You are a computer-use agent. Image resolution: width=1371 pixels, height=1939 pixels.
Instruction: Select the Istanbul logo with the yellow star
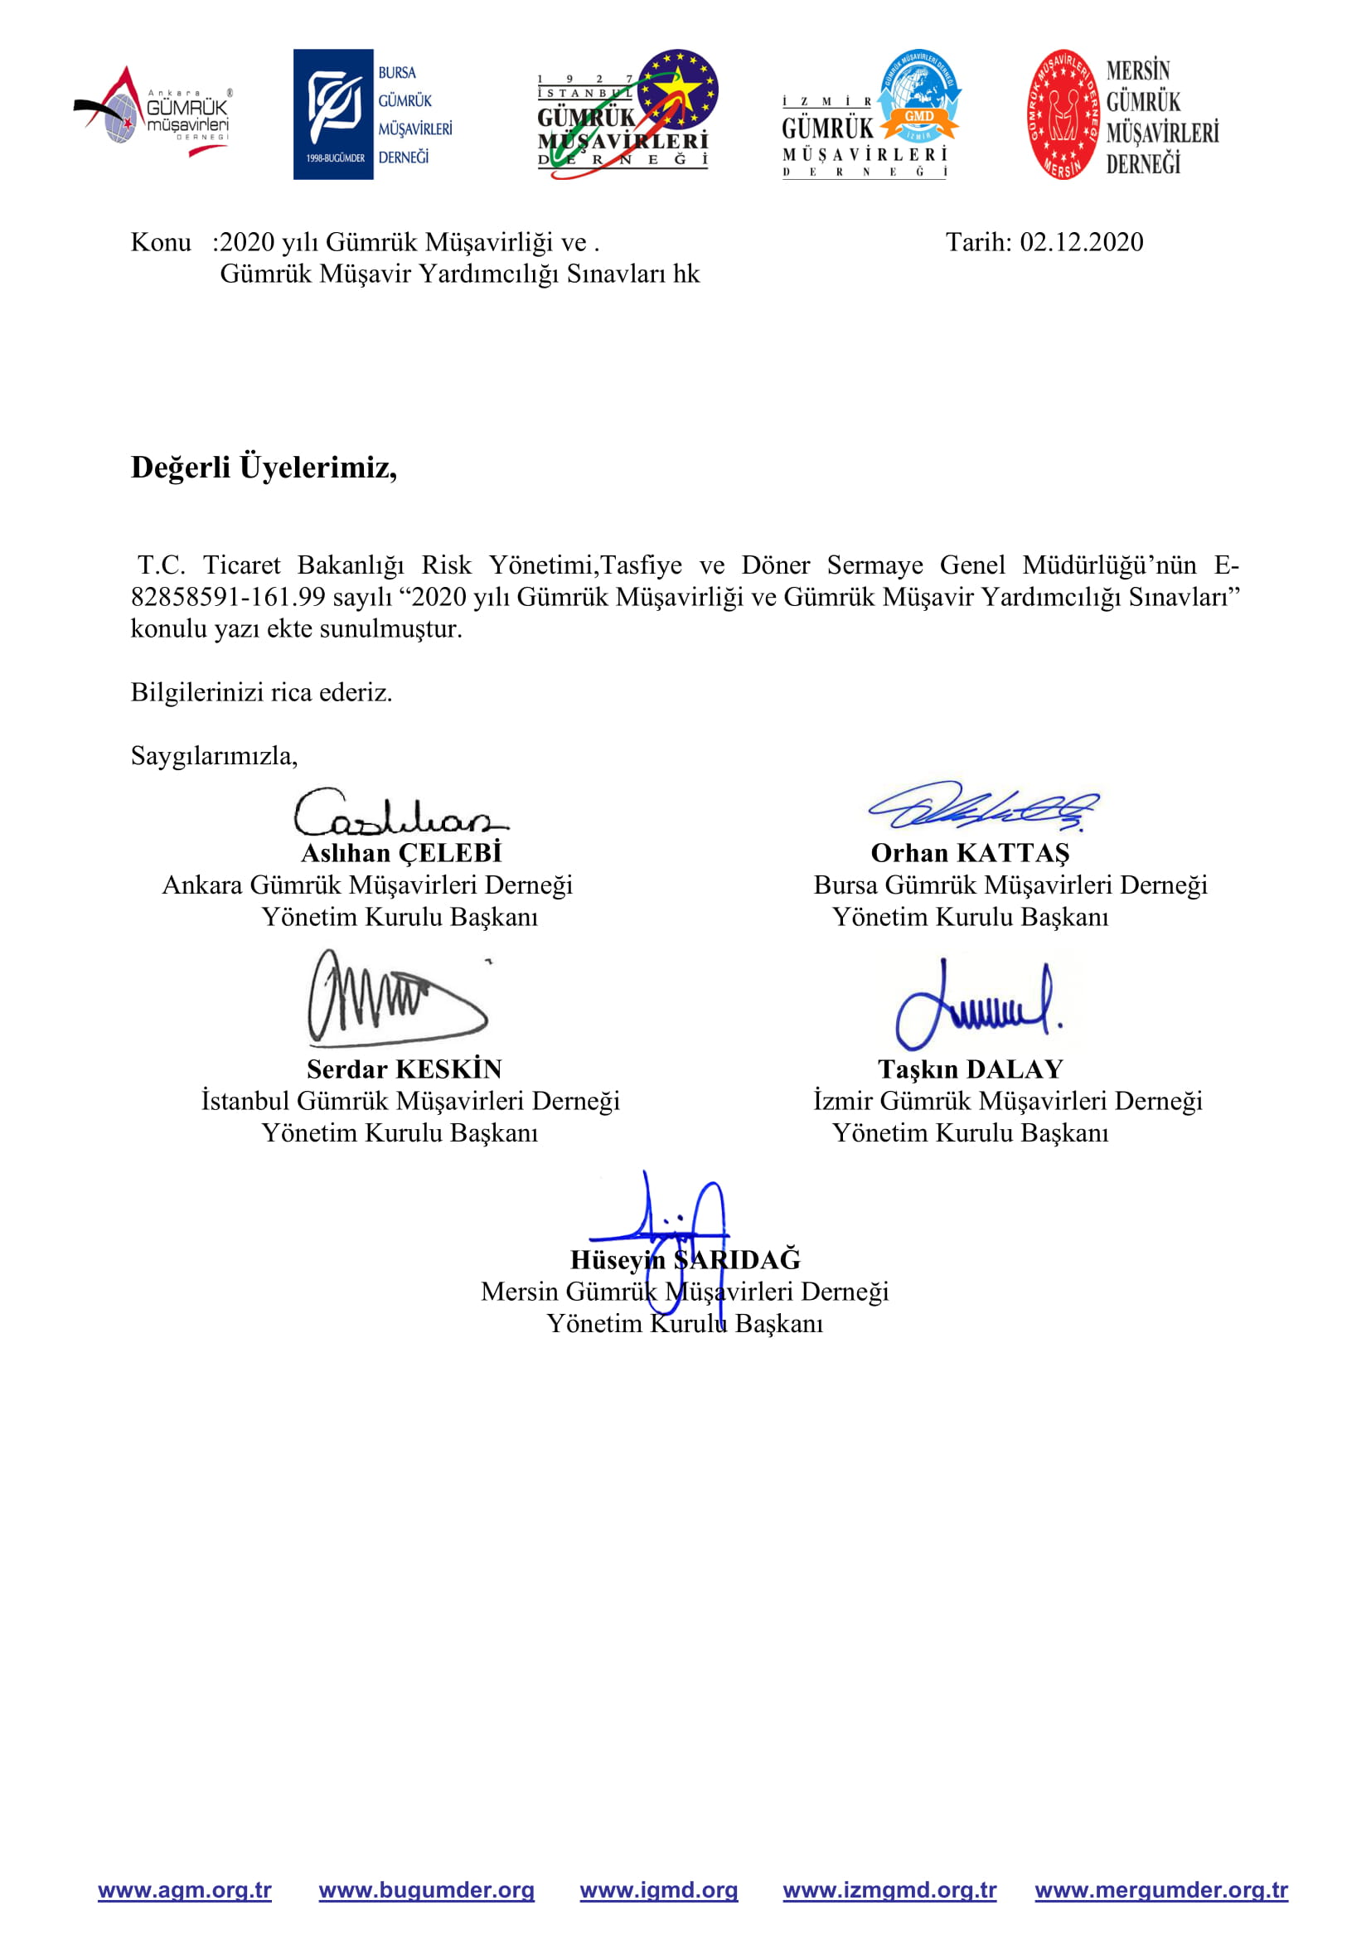[627, 114]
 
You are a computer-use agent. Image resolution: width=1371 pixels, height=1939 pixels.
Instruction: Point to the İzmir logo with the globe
[870, 114]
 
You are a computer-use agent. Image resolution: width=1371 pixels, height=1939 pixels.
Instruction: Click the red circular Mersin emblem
[1063, 114]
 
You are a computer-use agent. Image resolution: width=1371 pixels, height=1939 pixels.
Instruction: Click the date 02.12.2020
[1082, 242]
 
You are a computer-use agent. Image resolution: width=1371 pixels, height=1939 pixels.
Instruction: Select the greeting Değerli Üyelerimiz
[264, 467]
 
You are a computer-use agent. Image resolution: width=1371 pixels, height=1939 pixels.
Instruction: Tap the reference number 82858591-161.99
[228, 597]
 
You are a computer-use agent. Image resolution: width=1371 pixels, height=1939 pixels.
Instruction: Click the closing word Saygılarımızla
[214, 756]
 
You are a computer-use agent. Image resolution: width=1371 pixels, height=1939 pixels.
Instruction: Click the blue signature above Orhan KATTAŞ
[985, 806]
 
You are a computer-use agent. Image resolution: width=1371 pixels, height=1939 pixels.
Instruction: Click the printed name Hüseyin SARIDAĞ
[685, 1260]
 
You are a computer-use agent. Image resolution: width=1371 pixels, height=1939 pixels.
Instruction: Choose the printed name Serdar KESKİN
[405, 1070]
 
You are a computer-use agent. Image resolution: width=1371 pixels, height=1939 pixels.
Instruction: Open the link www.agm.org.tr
[185, 1890]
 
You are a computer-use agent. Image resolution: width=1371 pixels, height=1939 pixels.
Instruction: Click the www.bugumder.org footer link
[426, 1890]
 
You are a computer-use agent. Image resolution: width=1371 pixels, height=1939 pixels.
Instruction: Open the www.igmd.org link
[658, 1890]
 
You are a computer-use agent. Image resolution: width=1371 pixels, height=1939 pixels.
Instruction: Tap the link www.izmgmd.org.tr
[889, 1890]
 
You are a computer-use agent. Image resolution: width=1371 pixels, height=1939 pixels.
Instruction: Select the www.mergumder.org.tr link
[1160, 1890]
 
